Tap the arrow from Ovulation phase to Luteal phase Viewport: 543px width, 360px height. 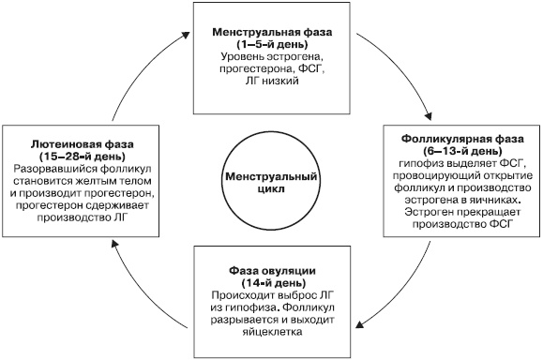point(141,300)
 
